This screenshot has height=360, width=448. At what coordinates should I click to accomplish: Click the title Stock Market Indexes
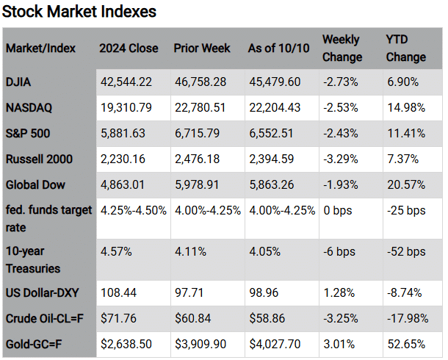click(79, 12)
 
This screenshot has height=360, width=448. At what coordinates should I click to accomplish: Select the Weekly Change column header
click(342, 48)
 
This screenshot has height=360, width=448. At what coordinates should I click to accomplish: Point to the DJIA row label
click(21, 81)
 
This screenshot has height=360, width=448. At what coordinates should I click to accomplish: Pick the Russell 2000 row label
click(38, 158)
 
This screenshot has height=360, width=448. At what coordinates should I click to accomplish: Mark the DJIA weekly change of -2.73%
click(340, 81)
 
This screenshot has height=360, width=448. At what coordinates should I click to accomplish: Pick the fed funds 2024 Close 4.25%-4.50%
click(133, 209)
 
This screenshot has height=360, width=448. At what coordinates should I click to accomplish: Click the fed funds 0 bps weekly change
click(339, 209)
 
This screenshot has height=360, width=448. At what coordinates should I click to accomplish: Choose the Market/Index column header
click(42, 48)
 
